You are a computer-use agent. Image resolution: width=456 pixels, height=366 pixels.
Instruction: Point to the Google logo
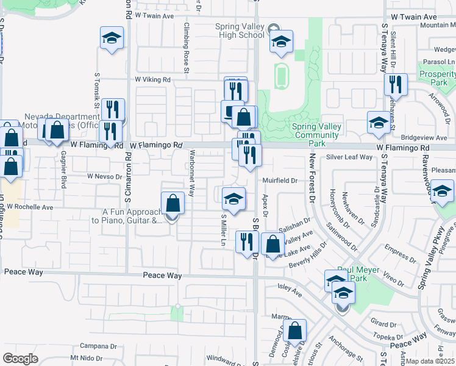click(x=20, y=358)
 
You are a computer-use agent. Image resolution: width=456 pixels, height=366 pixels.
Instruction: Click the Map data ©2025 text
click(x=431, y=361)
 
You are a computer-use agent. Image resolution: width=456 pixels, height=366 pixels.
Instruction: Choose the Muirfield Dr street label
click(x=279, y=181)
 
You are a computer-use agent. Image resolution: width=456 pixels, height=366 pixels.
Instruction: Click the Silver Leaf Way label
click(x=349, y=157)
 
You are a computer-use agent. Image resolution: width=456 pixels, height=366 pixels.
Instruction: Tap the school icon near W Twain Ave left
click(x=112, y=38)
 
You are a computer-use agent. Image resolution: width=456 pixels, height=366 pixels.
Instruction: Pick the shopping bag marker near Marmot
click(x=294, y=331)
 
